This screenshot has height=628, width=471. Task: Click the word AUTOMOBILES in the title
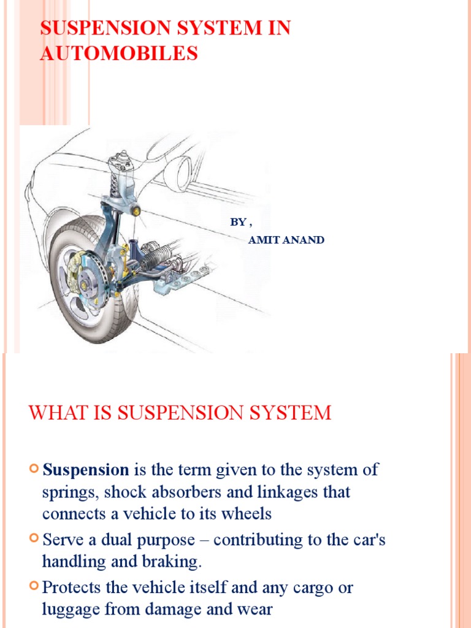[119, 53]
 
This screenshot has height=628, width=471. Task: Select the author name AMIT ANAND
[286, 240]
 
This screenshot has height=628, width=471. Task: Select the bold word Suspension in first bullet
[86, 470]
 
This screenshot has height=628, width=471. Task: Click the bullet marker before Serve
[34, 540]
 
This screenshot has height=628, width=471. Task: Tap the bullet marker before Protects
[34, 587]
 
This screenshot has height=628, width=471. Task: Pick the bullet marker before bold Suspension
[34, 470]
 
